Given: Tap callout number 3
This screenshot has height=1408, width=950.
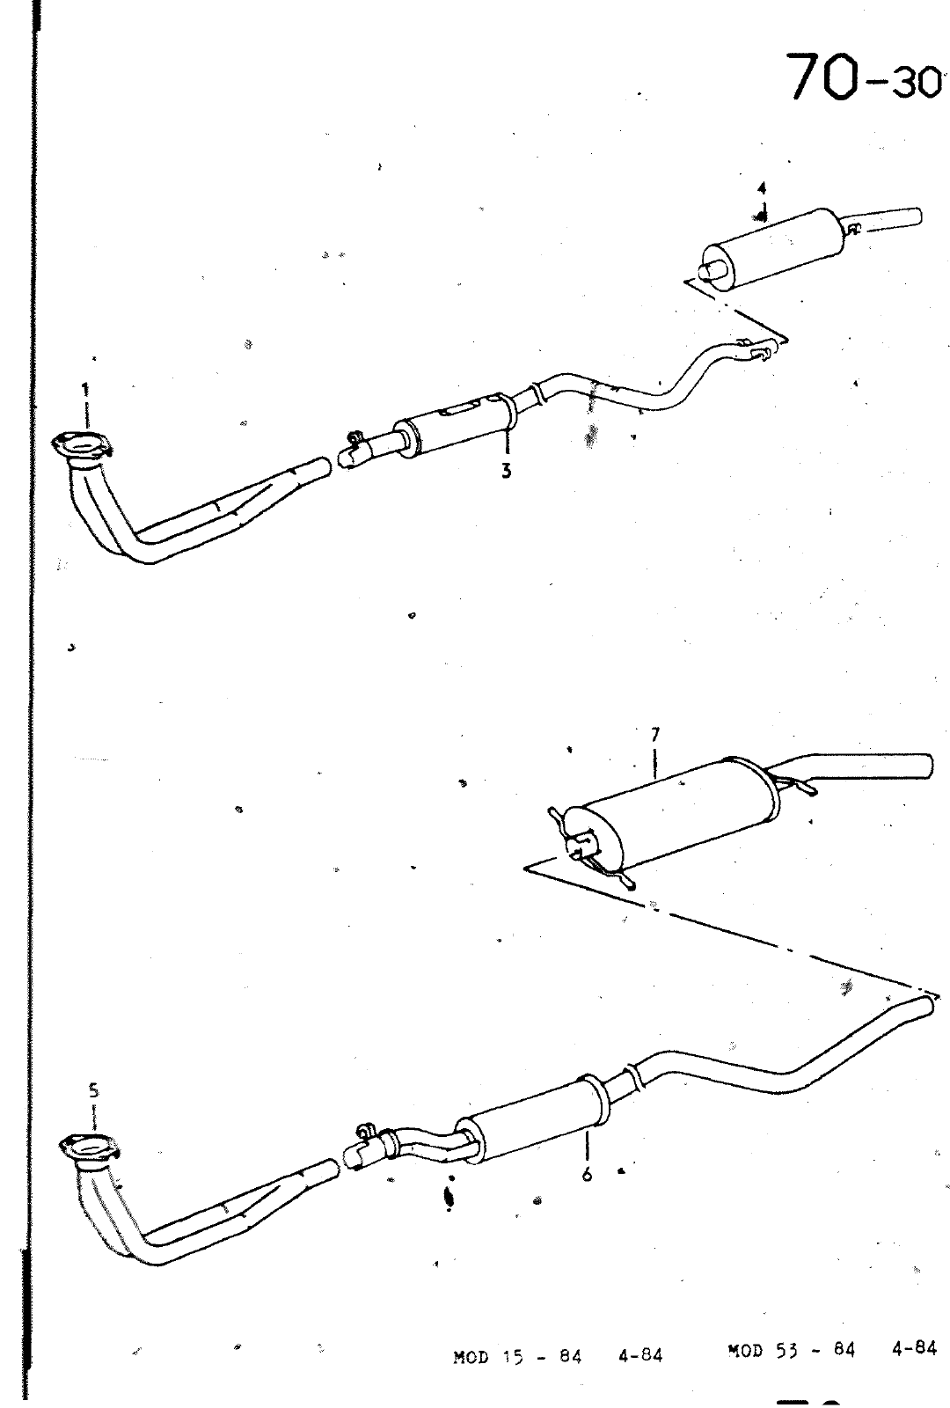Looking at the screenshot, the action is (x=507, y=470).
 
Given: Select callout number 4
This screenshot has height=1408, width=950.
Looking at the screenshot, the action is (x=762, y=188).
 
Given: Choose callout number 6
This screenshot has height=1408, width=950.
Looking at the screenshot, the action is (x=587, y=1174).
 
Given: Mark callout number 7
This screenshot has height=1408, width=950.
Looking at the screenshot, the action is (x=655, y=734).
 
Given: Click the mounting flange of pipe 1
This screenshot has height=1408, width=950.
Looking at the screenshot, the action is (x=83, y=445).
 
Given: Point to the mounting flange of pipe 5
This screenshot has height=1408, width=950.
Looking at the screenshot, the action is (x=89, y=1148).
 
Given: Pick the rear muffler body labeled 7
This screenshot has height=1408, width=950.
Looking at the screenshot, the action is (x=672, y=810).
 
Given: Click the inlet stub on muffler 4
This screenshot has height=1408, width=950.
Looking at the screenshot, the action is (x=717, y=270).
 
